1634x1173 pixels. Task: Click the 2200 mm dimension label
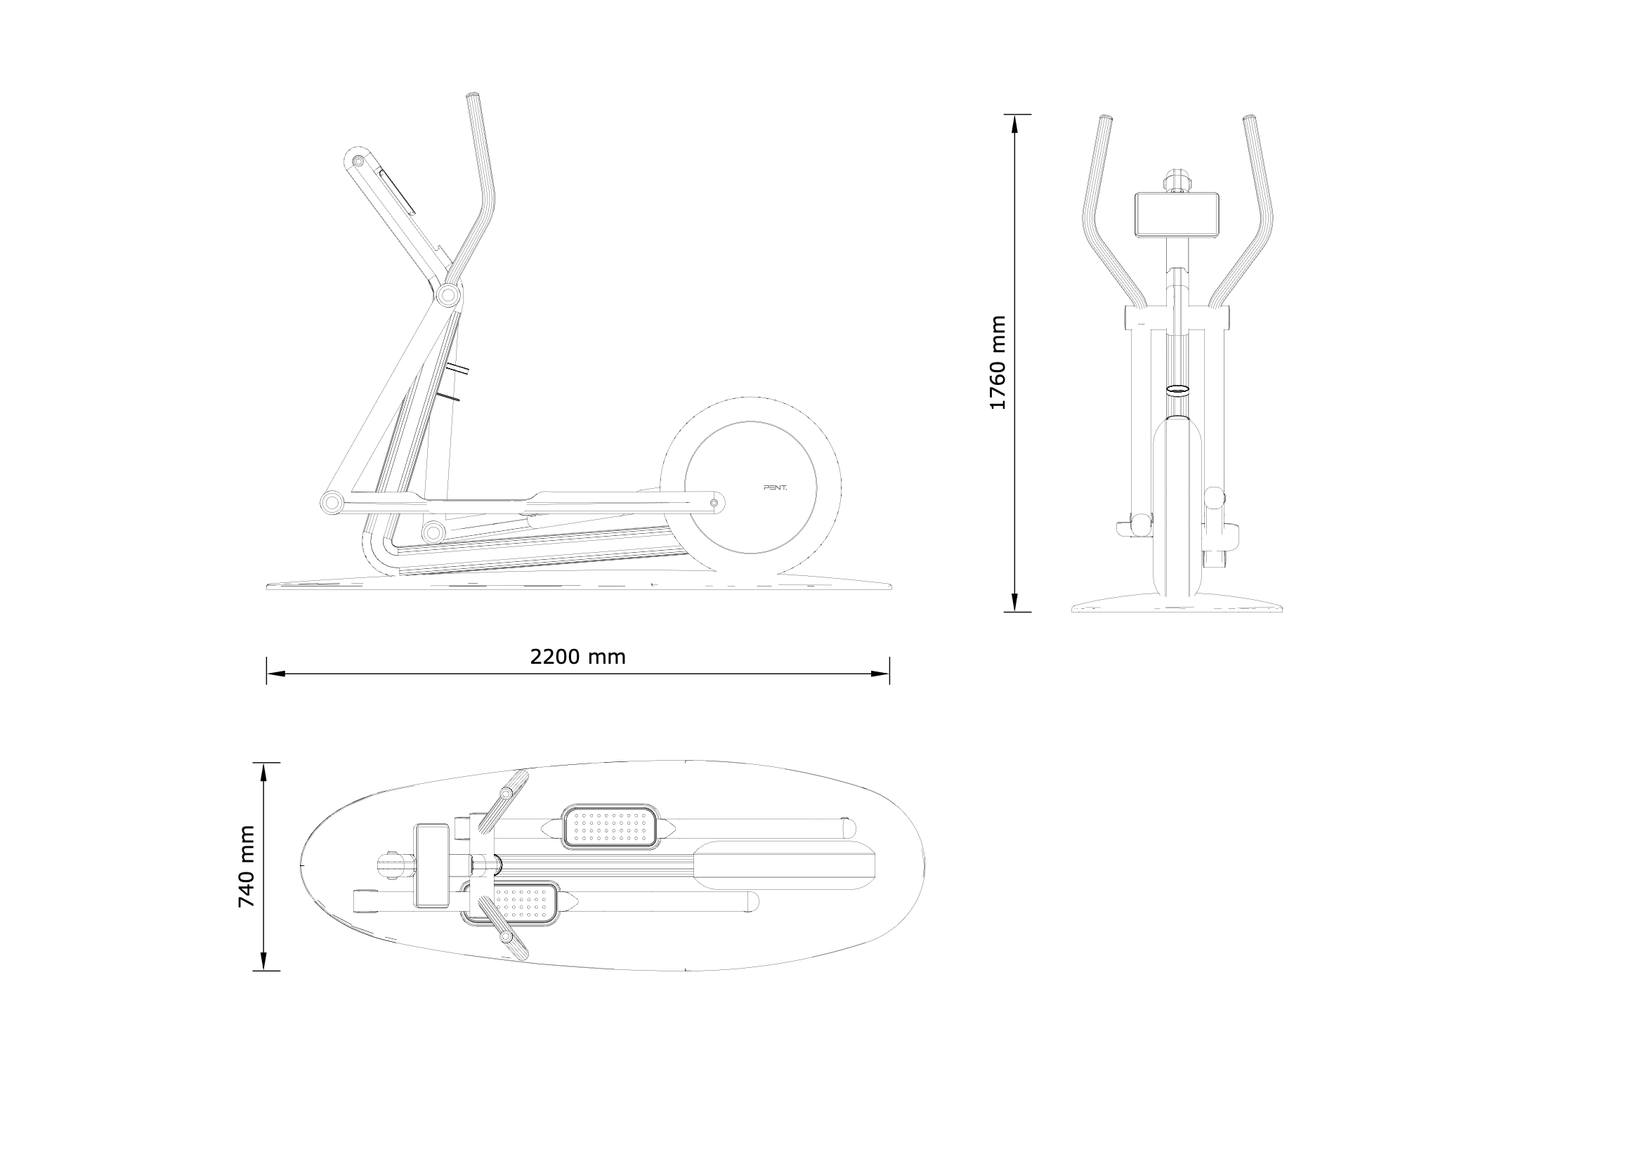click(x=578, y=657)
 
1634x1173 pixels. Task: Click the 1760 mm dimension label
click(x=997, y=363)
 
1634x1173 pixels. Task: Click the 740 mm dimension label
click(x=247, y=867)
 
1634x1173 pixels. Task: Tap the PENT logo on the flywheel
click(x=776, y=487)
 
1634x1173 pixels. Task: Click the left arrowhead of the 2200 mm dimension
click(x=276, y=674)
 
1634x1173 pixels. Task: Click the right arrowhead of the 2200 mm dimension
click(x=880, y=674)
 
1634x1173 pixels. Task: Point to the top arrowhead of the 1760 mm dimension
click(x=1015, y=124)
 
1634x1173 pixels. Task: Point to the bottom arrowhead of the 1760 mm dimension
click(x=1015, y=603)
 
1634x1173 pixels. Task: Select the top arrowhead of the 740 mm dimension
click(x=263, y=773)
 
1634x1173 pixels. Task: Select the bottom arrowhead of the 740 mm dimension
click(x=263, y=961)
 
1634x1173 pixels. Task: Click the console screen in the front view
click(x=1177, y=215)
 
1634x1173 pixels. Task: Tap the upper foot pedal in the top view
click(x=610, y=827)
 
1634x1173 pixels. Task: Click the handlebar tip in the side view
click(x=473, y=96)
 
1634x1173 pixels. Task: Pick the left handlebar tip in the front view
click(x=1105, y=118)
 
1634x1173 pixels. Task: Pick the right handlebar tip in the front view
click(x=1250, y=118)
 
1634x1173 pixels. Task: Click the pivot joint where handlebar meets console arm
click(x=448, y=295)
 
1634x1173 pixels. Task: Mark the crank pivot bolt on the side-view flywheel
click(x=714, y=503)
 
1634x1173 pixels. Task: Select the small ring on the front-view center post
click(x=1177, y=390)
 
